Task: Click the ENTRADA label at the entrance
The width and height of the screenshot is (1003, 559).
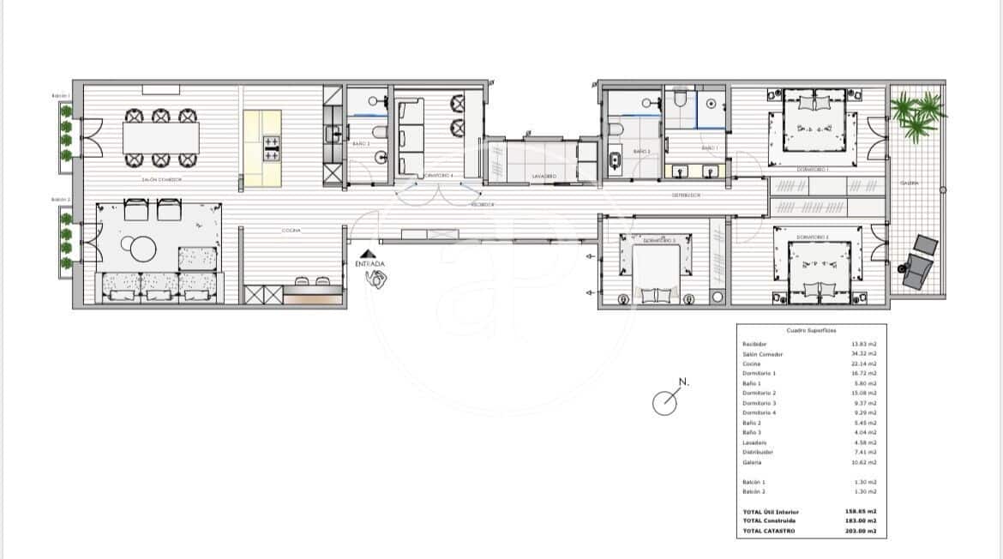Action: tap(370, 264)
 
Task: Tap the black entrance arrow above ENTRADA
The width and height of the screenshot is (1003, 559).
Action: tap(368, 254)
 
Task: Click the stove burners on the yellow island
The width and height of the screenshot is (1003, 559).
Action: tap(271, 147)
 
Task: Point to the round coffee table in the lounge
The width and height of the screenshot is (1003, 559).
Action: tap(143, 248)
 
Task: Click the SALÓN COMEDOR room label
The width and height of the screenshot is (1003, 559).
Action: tap(162, 180)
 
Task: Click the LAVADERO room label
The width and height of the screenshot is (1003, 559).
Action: tap(544, 177)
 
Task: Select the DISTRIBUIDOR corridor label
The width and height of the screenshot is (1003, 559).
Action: tap(686, 195)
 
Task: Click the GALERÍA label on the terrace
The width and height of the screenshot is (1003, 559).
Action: tap(910, 183)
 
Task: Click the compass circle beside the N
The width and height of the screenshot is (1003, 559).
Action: tap(664, 402)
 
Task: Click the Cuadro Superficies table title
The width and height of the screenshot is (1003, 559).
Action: tap(811, 330)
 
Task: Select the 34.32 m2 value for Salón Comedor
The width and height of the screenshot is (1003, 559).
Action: tap(865, 353)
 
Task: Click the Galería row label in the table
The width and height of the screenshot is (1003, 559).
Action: tap(753, 462)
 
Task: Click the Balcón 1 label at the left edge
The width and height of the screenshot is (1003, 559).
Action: tap(60, 96)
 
